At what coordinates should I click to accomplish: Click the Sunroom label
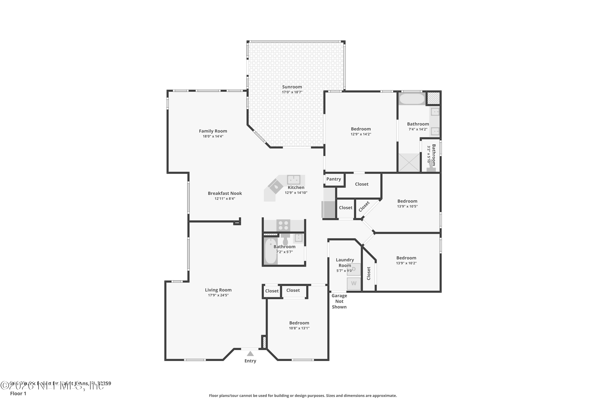pos(292,87)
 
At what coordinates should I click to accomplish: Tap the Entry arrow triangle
pos(250,354)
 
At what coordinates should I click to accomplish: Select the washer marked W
pos(353,283)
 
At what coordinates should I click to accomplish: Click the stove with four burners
pos(283,226)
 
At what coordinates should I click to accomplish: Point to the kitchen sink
pos(294,179)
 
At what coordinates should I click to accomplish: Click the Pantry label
pos(334,179)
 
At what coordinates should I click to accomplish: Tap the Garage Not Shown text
pos(339,301)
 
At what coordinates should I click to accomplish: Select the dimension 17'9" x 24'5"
pos(218,295)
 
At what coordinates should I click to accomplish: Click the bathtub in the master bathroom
pos(412,99)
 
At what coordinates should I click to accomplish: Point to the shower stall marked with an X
pos(409,163)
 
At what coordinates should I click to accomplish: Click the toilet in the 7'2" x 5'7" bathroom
pos(285,240)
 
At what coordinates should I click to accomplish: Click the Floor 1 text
pos(18,393)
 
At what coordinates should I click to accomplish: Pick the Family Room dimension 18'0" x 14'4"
pos(213,136)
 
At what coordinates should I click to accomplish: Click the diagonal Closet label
pos(364,207)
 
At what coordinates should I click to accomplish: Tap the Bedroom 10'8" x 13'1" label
pos(299,323)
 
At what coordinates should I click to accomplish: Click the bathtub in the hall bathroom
pos(270,251)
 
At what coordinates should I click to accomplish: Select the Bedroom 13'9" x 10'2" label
pos(406,258)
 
